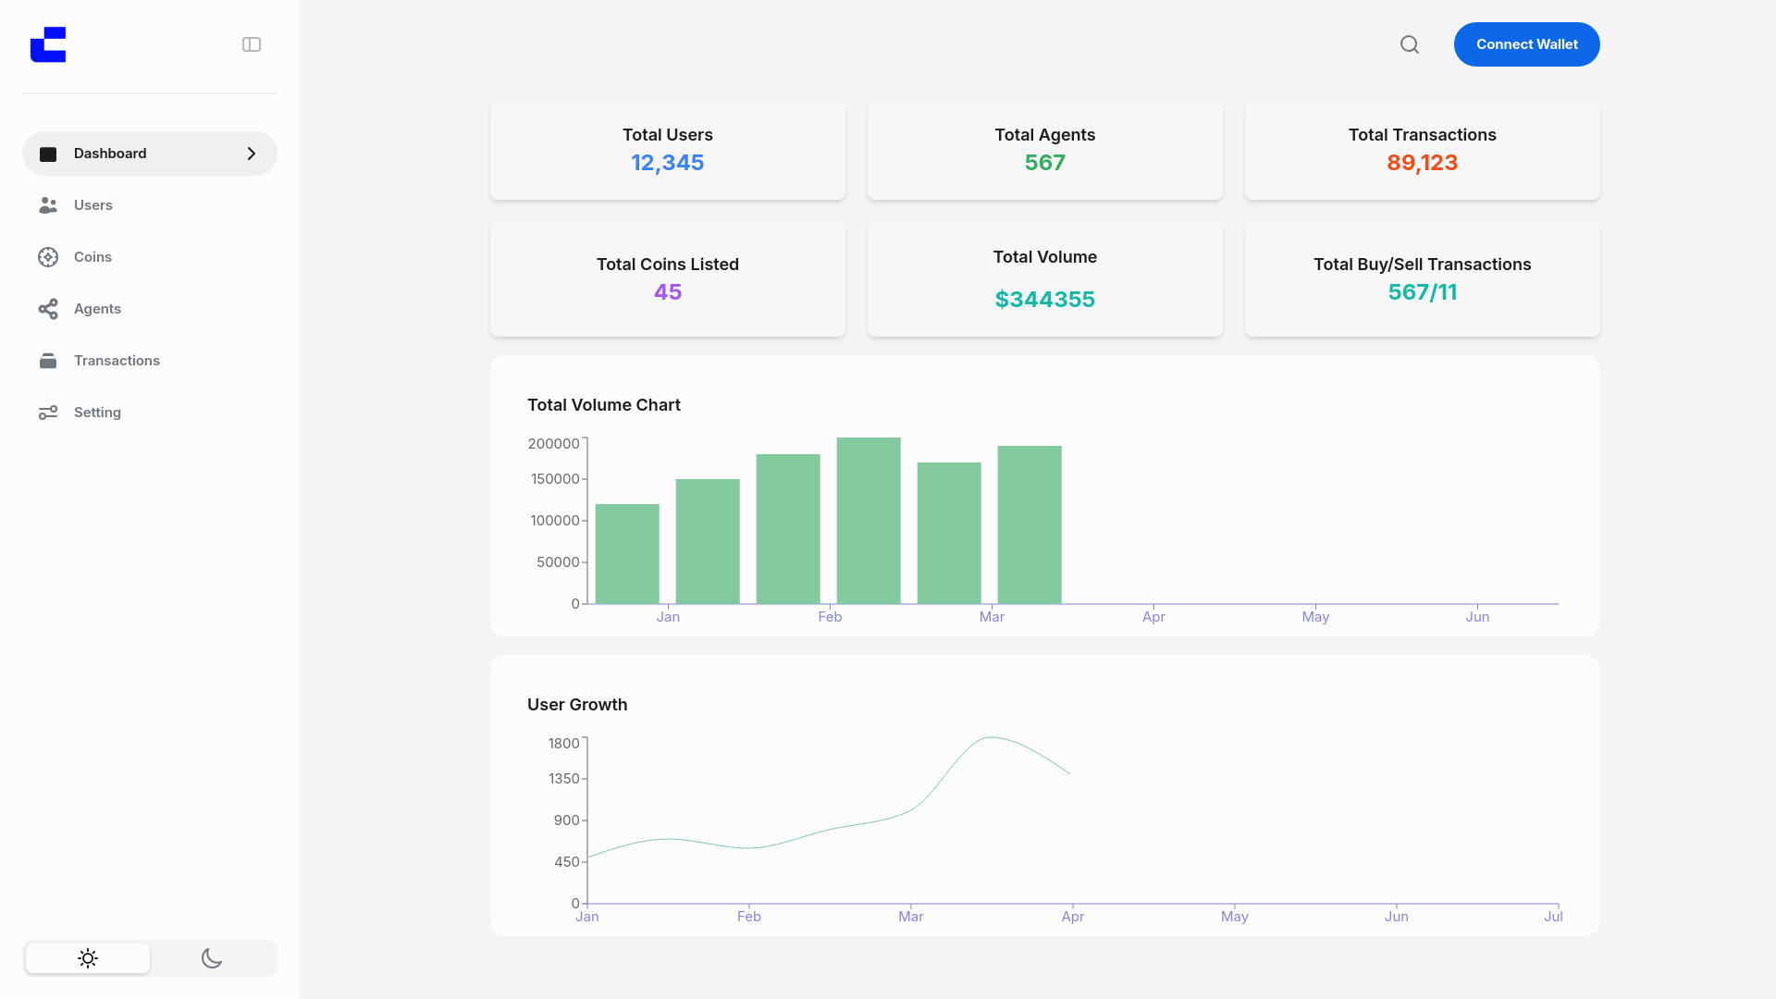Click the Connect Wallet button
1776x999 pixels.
1526,44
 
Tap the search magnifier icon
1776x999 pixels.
1409,44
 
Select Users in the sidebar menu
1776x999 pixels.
92,205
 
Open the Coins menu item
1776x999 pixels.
92,257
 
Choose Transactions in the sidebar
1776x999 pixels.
117,361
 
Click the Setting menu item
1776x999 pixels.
97,413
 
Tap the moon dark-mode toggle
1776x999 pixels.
212,958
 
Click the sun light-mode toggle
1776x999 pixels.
88,958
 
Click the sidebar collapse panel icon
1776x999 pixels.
252,44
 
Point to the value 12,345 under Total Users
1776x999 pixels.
667,163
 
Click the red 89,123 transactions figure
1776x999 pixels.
1422,163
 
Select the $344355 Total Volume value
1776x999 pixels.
1044,300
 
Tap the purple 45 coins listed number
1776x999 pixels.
667,292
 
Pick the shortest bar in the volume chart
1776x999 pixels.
627,554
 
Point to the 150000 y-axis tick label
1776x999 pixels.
555,479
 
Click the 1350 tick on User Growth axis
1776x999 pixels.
563,779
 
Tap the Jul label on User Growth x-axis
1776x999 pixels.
1553,917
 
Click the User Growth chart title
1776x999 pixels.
577,705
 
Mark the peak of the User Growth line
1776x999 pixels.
991,737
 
